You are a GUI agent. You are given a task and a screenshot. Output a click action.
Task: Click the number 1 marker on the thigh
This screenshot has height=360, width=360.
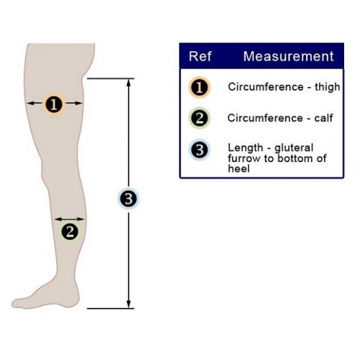tap(54, 104)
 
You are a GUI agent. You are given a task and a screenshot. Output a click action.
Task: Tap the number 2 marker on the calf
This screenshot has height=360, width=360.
tap(70, 232)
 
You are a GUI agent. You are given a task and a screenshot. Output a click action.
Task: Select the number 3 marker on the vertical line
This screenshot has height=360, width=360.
tap(129, 199)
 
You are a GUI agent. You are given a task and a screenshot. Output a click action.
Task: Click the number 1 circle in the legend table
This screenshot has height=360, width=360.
tap(199, 87)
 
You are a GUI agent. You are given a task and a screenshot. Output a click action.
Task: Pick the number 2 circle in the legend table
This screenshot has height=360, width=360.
tap(199, 118)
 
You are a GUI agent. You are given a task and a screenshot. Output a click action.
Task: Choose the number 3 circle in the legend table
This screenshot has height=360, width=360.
tap(199, 150)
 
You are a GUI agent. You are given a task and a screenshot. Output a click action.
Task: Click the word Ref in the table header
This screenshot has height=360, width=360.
tap(200, 56)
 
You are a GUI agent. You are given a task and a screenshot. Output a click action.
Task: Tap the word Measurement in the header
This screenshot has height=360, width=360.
tap(289, 56)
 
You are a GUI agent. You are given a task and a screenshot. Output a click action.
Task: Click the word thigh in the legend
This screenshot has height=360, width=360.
tap(328, 87)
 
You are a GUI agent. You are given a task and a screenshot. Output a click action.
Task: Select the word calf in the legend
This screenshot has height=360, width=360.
tap(323, 118)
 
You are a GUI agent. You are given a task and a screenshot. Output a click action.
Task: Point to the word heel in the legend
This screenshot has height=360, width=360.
tap(239, 168)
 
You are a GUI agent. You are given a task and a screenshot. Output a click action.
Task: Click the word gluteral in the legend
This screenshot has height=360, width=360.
tap(294, 148)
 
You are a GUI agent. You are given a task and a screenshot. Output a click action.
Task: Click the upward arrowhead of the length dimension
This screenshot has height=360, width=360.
tap(129, 83)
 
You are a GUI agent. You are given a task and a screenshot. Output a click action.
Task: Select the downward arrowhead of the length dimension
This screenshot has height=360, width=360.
tap(129, 304)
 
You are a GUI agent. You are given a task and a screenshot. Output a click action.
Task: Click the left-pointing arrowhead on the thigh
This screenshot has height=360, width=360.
tap(31, 103)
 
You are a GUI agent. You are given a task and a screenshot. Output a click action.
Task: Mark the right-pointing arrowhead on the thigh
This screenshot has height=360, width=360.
tap(78, 103)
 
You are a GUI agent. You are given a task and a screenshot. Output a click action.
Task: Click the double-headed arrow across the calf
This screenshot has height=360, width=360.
tap(69, 219)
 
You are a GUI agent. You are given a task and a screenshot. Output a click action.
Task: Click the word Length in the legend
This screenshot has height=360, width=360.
tap(246, 148)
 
